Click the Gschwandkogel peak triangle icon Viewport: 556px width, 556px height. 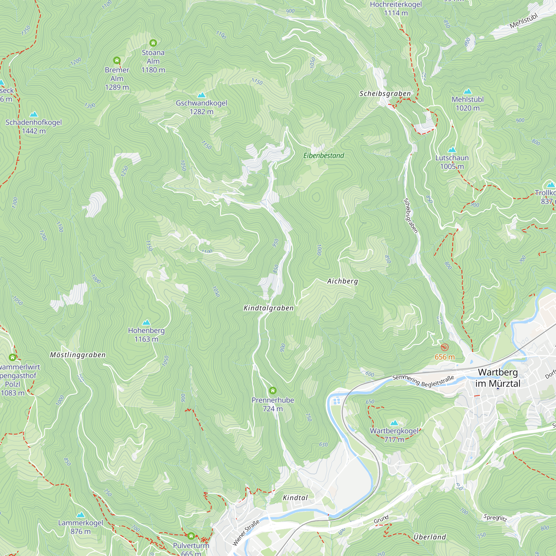click(202, 95)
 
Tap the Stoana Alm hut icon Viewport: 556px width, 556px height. click(153, 43)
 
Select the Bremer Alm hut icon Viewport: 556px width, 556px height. click(116, 60)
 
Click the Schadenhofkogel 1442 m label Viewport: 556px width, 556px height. click(34, 126)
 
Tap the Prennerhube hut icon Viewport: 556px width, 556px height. click(272, 391)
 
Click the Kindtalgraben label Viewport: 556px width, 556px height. click(269, 308)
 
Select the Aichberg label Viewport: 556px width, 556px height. click(342, 281)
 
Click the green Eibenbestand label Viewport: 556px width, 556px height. click(324, 156)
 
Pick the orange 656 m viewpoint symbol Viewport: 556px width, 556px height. click(445, 347)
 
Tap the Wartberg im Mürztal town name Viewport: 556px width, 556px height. click(498, 378)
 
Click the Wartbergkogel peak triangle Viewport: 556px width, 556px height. click(394, 423)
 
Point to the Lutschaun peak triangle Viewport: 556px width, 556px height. click(452, 150)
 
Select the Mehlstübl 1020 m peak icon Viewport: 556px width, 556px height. click(468, 91)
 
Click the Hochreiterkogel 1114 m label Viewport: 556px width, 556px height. click(396, 9)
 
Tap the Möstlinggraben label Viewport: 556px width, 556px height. click(78, 355)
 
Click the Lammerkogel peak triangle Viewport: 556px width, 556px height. click(81, 515)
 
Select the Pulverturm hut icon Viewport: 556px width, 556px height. click(191, 536)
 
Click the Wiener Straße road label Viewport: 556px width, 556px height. click(246, 533)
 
